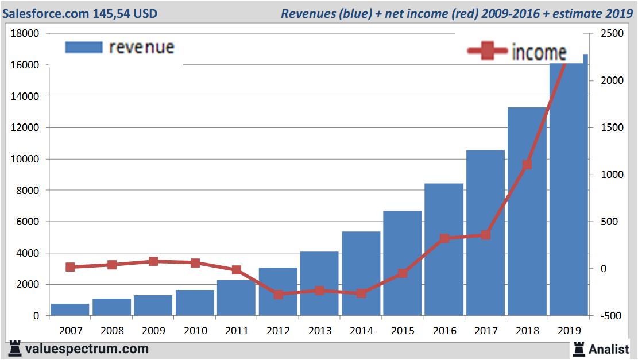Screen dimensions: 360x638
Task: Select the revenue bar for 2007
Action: coord(70,309)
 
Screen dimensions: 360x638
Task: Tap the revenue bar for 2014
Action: coord(361,273)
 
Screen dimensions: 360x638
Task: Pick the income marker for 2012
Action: coord(279,294)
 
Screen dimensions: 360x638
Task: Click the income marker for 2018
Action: coord(528,165)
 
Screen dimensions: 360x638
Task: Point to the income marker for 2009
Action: coord(153,261)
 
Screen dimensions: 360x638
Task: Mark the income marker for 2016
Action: coord(444,238)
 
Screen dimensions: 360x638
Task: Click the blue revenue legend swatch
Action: coord(84,47)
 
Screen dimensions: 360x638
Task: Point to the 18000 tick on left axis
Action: coord(25,34)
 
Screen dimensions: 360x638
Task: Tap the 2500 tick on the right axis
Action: coord(613,34)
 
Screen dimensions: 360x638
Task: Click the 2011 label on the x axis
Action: coord(237,331)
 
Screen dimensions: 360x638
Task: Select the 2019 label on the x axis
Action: coord(570,331)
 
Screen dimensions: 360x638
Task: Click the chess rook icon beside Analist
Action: coord(579,348)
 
